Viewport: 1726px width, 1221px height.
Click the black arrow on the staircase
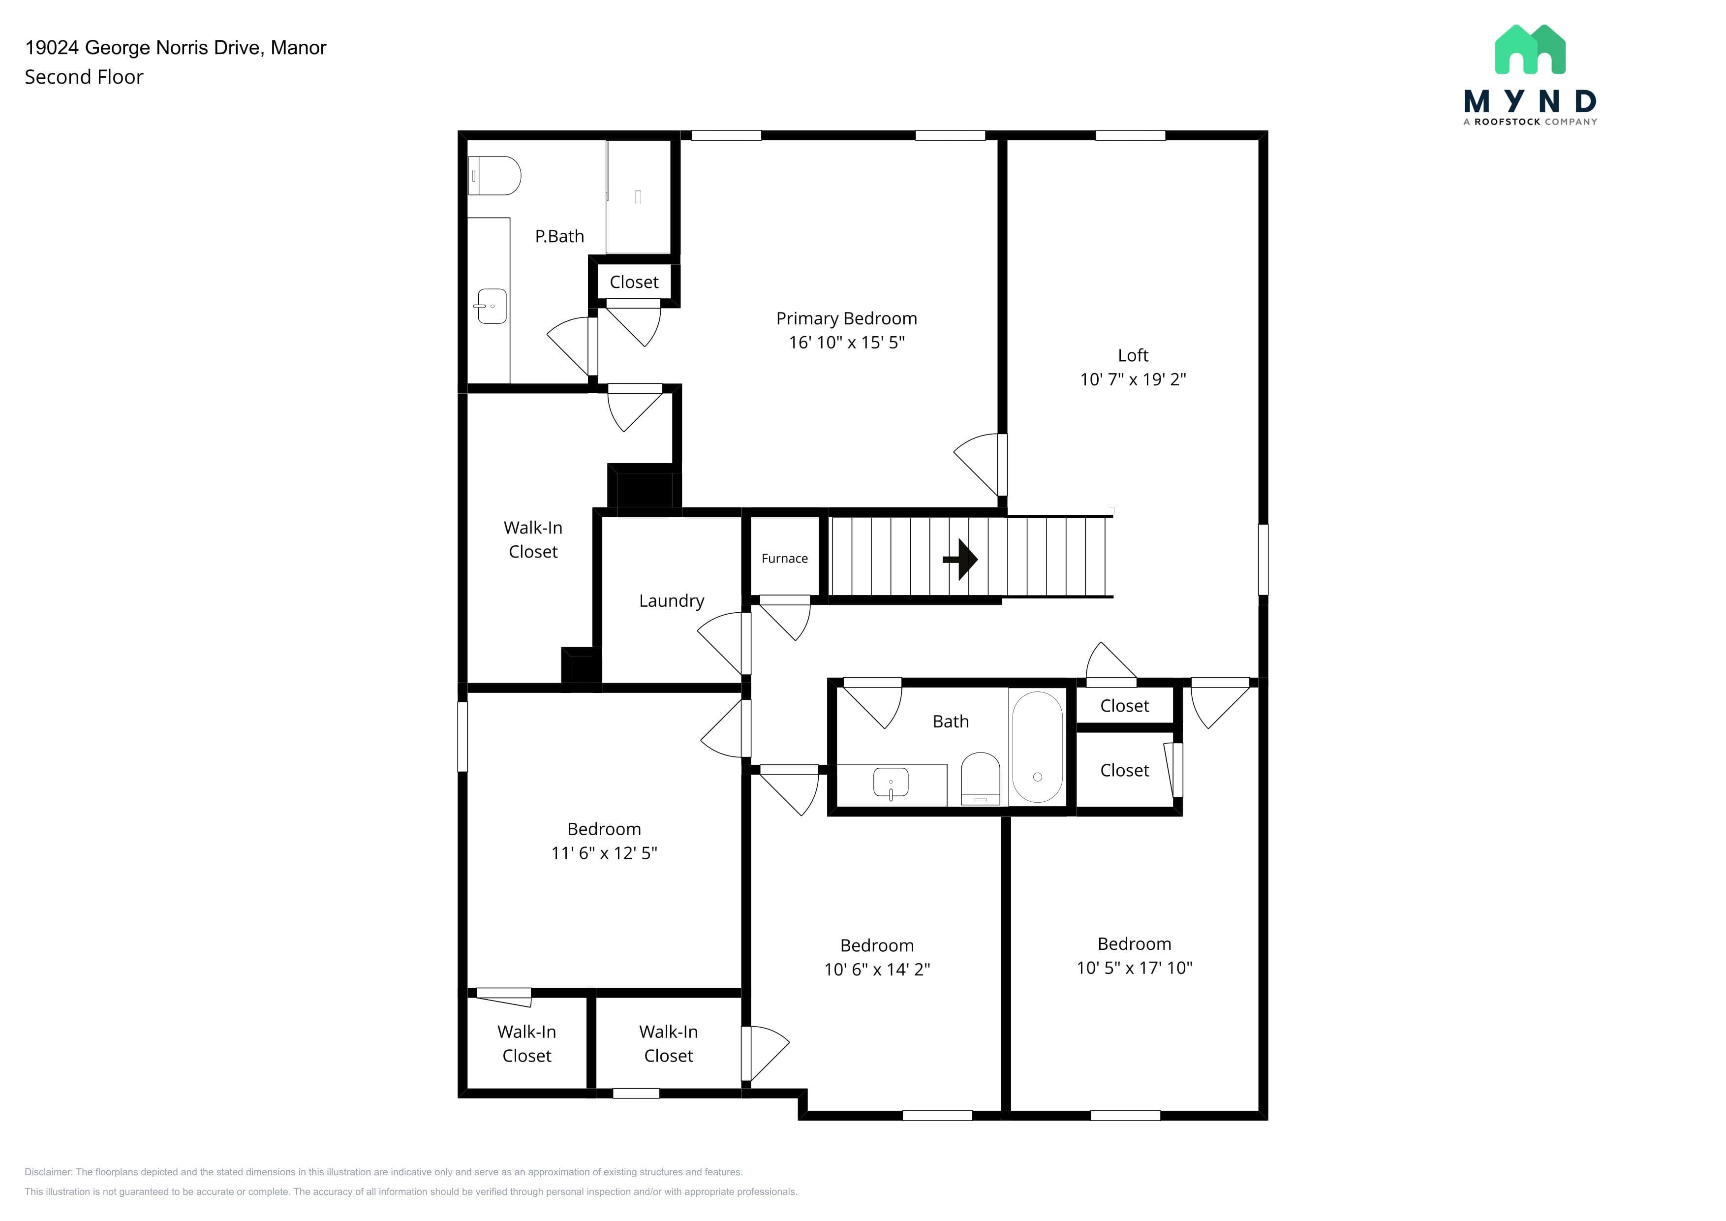pos(961,560)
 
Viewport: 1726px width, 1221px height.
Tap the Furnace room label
pos(784,559)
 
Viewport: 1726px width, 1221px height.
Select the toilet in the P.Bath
pos(494,175)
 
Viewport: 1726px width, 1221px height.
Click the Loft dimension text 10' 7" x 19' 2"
pos(1133,379)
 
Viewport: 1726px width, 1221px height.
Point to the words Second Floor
pos(84,77)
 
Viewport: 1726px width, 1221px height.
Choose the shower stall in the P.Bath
pos(638,197)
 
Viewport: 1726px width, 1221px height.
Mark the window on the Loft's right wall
pos(1263,560)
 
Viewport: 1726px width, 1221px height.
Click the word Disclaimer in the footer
pos(48,1172)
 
